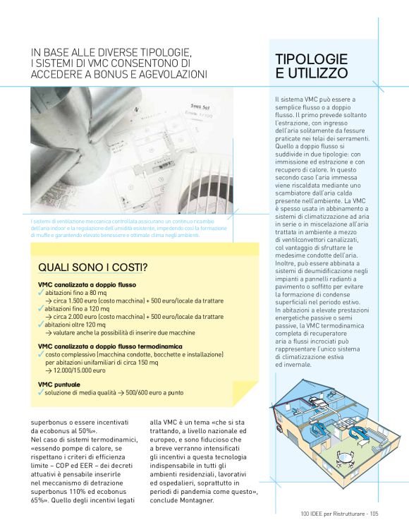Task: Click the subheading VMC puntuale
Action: click(x=59, y=384)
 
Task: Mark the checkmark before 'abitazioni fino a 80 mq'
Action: click(x=42, y=292)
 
